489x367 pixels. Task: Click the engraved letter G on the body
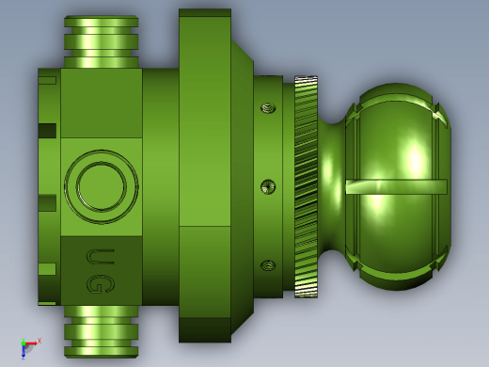pyautogui.click(x=101, y=284)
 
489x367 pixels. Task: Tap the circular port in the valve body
pyautogui.click(x=102, y=186)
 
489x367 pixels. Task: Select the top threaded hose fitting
pyautogui.click(x=102, y=41)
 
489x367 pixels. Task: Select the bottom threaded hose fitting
pyautogui.click(x=102, y=331)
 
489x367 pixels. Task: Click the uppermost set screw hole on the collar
pyautogui.click(x=268, y=108)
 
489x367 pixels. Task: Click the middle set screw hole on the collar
pyautogui.click(x=268, y=187)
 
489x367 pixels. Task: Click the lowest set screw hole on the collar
pyautogui.click(x=268, y=265)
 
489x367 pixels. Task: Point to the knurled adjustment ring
pyautogui.click(x=306, y=186)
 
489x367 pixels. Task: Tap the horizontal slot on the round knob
pyautogui.click(x=396, y=187)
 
